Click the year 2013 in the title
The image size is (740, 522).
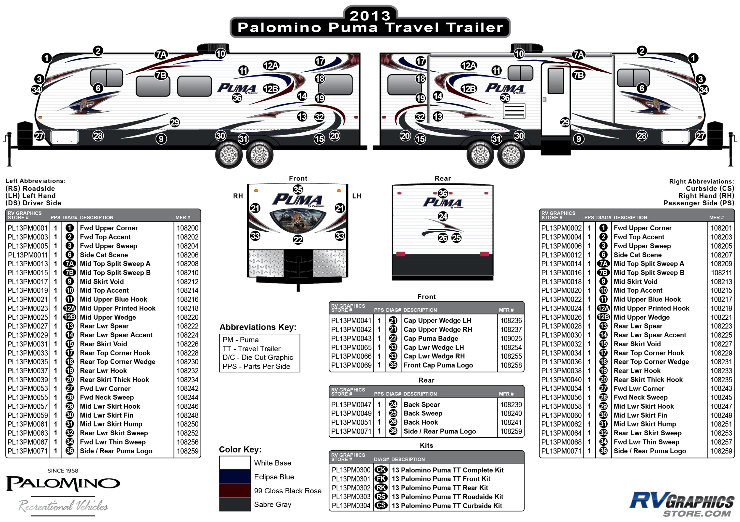pyautogui.click(x=370, y=15)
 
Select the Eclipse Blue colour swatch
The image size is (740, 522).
pyautogui.click(x=235, y=476)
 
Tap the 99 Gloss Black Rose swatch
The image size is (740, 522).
pyautogui.click(x=235, y=490)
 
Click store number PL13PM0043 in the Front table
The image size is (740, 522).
pyautogui.click(x=351, y=338)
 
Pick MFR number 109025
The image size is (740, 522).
pyautogui.click(x=511, y=338)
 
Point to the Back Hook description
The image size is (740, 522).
pyautogui.click(x=421, y=422)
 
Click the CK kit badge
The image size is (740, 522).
pyautogui.click(x=381, y=470)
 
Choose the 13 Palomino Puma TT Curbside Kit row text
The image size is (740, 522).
pyautogui.click(x=447, y=505)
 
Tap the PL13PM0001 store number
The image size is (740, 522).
pyautogui.click(x=28, y=228)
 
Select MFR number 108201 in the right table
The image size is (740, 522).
pyautogui.click(x=721, y=228)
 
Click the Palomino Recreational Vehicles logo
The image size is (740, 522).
pyautogui.click(x=63, y=492)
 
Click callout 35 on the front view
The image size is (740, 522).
pyautogui.click(x=298, y=189)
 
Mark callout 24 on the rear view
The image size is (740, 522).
pyautogui.click(x=443, y=216)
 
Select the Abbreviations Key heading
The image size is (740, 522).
pyautogui.click(x=258, y=327)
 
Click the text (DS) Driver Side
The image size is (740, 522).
pyautogui.click(x=33, y=203)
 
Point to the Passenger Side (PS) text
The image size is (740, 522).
pyautogui.click(x=699, y=203)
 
